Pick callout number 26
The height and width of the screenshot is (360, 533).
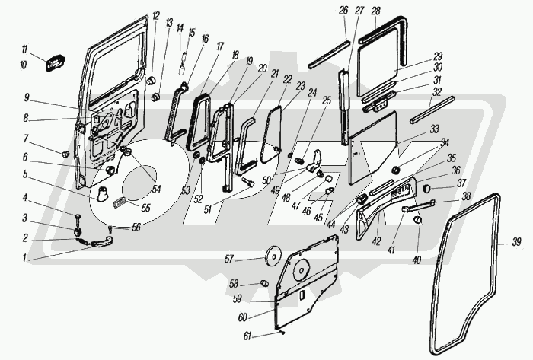(343, 10)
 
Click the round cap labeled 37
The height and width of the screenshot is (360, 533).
(427, 187)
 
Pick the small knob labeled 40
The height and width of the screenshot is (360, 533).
(418, 220)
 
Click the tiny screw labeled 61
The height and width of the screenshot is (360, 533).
(283, 331)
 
